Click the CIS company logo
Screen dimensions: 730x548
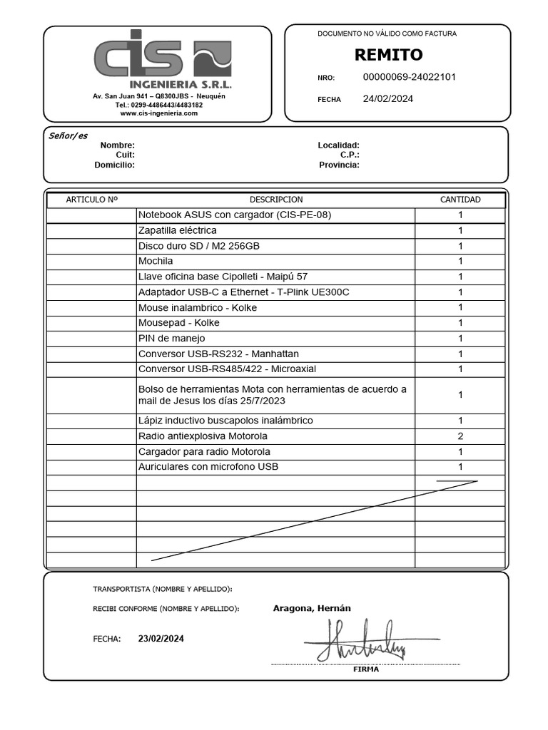point(163,57)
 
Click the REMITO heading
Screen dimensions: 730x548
point(388,55)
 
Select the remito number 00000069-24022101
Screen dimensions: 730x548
point(410,77)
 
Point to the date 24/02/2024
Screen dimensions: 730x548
point(387,99)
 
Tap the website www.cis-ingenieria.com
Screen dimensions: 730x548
point(158,113)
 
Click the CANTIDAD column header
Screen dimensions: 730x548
point(460,200)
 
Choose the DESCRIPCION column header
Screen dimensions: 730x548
point(275,200)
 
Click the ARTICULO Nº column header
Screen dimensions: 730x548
point(91,200)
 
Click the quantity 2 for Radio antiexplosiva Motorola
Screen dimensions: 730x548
point(460,436)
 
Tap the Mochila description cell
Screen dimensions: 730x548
point(156,261)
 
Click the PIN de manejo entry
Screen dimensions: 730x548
point(171,338)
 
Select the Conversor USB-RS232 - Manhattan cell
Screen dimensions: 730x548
point(218,354)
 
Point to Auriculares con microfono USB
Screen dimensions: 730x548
point(208,467)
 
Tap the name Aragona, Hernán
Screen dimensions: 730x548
point(311,608)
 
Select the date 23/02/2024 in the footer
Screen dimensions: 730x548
point(161,639)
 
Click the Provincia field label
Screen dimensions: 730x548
point(339,165)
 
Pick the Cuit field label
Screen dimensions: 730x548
point(125,155)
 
